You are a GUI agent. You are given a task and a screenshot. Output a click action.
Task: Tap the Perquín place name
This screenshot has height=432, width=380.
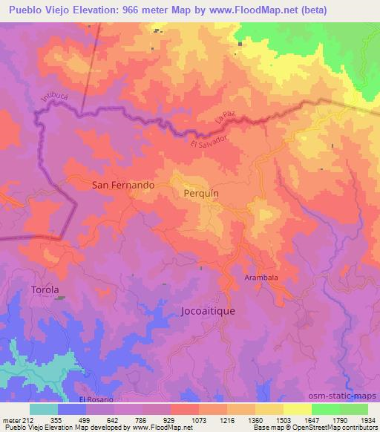click(x=200, y=192)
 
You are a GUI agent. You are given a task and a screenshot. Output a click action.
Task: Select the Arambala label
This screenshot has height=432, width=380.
click(x=261, y=277)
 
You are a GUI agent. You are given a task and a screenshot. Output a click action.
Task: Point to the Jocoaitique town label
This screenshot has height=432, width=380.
click(x=208, y=311)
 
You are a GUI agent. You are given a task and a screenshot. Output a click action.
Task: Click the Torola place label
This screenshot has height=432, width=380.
click(x=45, y=289)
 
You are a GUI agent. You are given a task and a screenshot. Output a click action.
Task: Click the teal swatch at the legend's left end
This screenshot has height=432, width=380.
click(x=44, y=408)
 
